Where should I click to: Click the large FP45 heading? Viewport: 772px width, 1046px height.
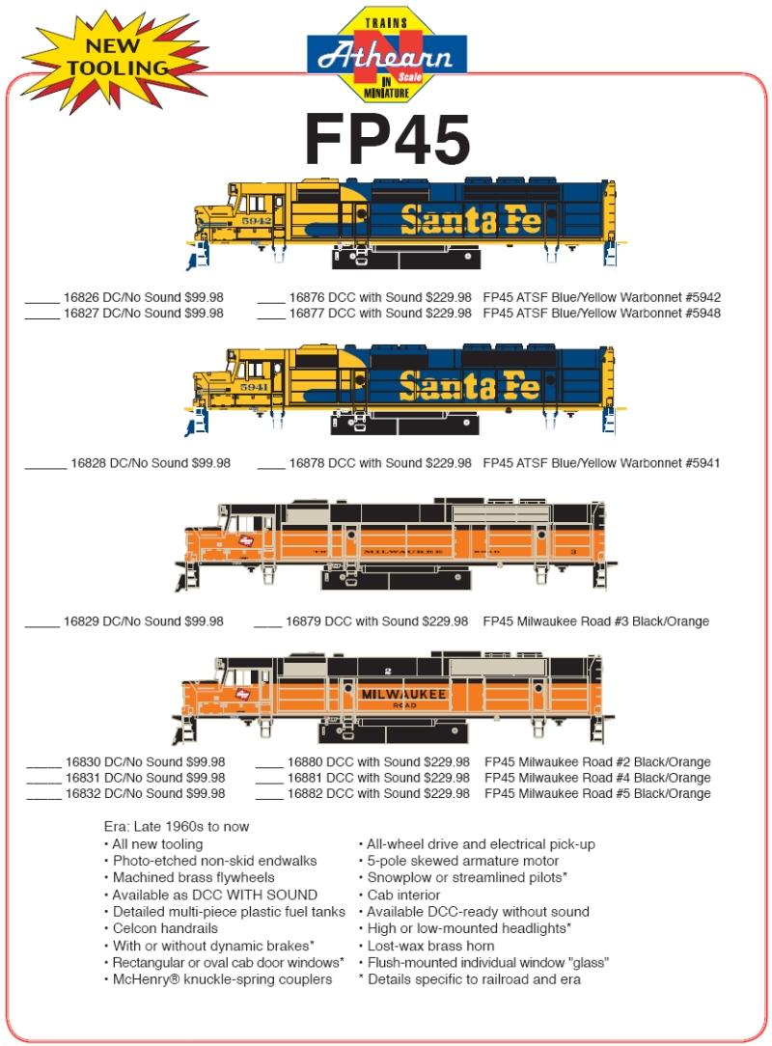click(387, 140)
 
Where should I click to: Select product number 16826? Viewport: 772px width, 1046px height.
click(85, 297)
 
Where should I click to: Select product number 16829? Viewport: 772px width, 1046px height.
click(85, 621)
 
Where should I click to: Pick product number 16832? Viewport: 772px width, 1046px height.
click(86, 793)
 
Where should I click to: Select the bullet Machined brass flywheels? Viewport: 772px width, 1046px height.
click(193, 877)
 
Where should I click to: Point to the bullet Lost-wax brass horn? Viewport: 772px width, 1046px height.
click(430, 946)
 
